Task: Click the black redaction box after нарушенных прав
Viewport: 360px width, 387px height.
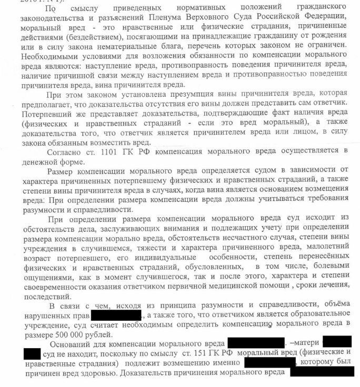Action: [x=116, y=315]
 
